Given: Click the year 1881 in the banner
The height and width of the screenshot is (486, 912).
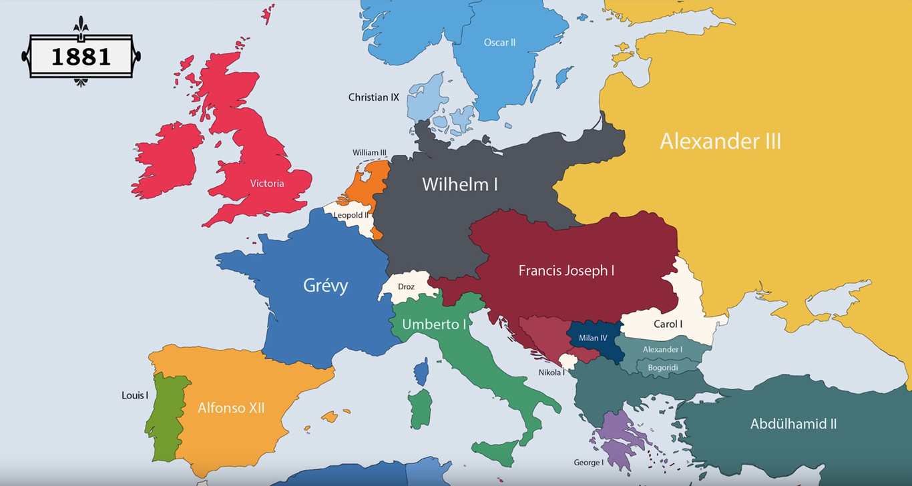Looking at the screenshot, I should pyautogui.click(x=81, y=57).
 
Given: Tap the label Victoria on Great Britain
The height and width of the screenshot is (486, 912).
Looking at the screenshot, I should pyautogui.click(x=267, y=184).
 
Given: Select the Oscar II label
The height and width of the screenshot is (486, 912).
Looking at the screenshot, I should pyautogui.click(x=499, y=43).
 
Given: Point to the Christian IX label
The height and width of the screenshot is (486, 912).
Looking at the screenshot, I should pyautogui.click(x=373, y=97).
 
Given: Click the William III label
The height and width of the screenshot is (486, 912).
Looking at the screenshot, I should pyautogui.click(x=369, y=153).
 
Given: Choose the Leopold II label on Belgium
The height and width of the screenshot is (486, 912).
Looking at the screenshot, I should pyautogui.click(x=351, y=215).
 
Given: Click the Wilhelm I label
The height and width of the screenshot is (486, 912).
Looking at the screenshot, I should pyautogui.click(x=459, y=184).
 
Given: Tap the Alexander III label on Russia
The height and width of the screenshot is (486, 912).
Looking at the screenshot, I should pyautogui.click(x=720, y=142).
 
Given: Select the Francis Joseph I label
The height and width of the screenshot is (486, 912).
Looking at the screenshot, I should pyautogui.click(x=566, y=270).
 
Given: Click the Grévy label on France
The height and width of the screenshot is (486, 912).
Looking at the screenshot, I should pyautogui.click(x=326, y=286).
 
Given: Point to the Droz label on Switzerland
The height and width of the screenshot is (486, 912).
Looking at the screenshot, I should pyautogui.click(x=406, y=287).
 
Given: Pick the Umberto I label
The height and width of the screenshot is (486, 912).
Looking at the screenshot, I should pyautogui.click(x=434, y=324).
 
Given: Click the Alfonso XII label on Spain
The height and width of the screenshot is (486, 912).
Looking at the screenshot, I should pyautogui.click(x=231, y=407).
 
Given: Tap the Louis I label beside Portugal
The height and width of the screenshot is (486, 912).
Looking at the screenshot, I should pyautogui.click(x=135, y=395).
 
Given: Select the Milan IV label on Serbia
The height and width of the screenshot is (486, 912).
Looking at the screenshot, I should pyautogui.click(x=593, y=338).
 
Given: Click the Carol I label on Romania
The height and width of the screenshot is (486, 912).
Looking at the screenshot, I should pyautogui.click(x=668, y=324).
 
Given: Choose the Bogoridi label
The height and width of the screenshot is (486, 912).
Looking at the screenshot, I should pyautogui.click(x=662, y=367).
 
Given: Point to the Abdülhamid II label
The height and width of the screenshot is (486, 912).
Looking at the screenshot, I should pyautogui.click(x=793, y=424).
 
